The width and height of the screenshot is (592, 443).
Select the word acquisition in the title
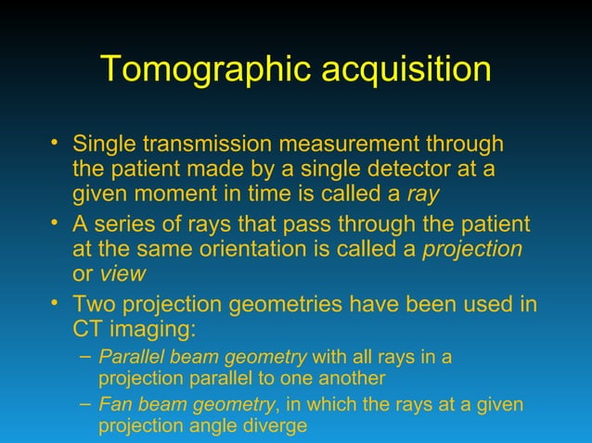405,70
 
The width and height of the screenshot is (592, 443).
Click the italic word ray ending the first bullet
422,196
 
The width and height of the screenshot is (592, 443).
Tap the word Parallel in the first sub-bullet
128,358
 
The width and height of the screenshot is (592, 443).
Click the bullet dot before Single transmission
58,142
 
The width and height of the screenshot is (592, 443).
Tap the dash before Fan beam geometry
85,402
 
